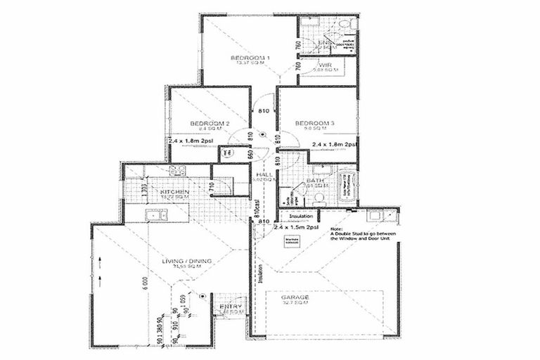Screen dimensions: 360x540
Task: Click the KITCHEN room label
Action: click(174, 192)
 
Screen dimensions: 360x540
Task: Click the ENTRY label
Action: click(229, 307)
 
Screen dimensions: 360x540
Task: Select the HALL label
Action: click(264, 174)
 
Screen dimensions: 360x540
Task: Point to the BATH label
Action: click(314, 181)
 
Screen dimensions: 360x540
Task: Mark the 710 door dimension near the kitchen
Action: click(210, 186)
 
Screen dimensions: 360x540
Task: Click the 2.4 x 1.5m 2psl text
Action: click(296, 228)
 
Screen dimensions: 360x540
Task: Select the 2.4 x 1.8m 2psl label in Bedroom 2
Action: click(192, 140)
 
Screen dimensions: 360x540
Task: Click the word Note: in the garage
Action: click(336, 228)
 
